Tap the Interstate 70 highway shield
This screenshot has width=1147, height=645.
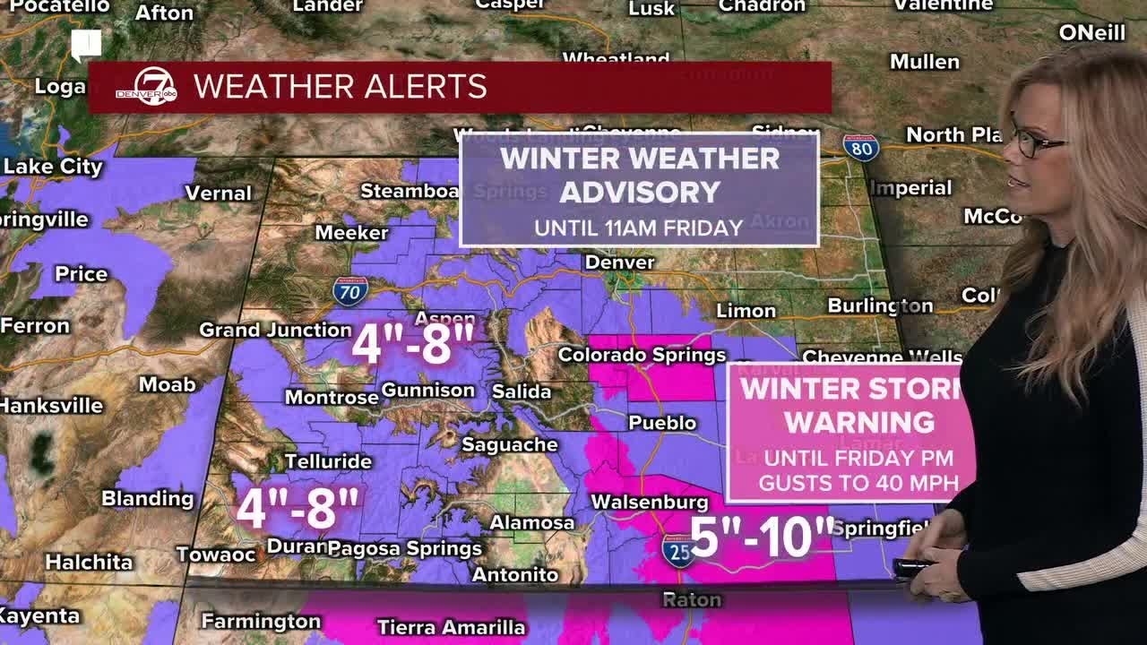click(x=349, y=291)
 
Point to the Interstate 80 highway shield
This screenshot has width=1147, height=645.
click(x=860, y=148)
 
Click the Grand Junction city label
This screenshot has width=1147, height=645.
click(x=275, y=330)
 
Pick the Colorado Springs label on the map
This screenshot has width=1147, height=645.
click(x=642, y=355)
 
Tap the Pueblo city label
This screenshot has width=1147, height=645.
click(x=662, y=422)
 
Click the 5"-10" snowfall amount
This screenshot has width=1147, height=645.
click(x=763, y=537)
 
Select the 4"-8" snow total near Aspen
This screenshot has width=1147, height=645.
click(x=412, y=343)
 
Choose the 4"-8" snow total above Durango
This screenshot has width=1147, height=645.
click(x=298, y=508)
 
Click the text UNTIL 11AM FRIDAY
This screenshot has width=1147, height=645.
click(x=639, y=228)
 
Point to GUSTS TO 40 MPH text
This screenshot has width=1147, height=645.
click(x=858, y=483)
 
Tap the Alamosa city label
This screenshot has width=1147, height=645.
click(x=532, y=522)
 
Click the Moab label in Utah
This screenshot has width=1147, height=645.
click(x=167, y=384)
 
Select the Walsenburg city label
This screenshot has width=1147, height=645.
click(x=649, y=503)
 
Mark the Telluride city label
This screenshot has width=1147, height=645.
click(x=328, y=461)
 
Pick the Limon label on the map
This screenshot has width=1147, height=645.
click(x=746, y=311)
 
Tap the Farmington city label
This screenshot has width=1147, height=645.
click(x=261, y=620)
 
